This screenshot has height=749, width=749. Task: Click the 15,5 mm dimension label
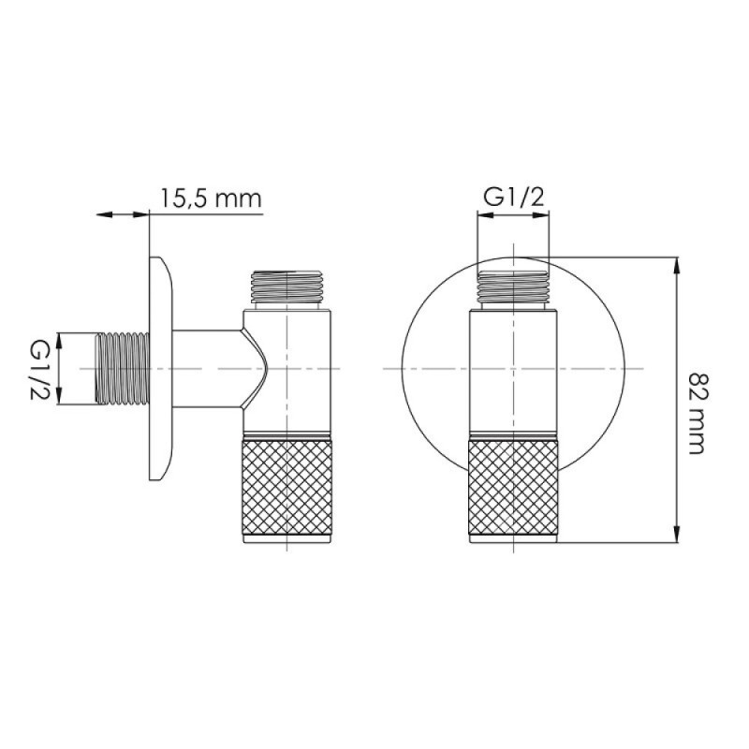click(211, 198)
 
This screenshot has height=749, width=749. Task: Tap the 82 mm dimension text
click(697, 414)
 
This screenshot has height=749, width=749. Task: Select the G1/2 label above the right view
click(514, 197)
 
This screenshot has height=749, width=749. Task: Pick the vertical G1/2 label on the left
click(40, 369)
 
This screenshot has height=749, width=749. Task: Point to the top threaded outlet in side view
click(287, 288)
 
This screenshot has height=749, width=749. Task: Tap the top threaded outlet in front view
click(513, 288)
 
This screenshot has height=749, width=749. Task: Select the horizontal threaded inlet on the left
click(123, 368)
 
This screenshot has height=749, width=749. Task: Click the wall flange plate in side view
click(160, 368)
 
